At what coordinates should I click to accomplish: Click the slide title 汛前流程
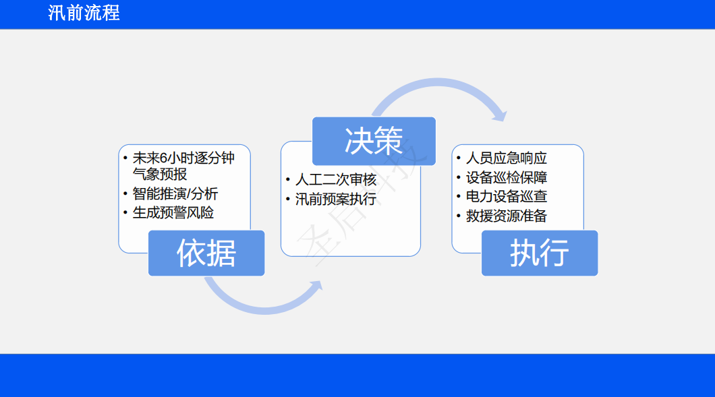(x=84, y=13)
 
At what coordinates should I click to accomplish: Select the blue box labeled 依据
(x=206, y=253)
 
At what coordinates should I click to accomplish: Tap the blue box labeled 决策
(x=374, y=141)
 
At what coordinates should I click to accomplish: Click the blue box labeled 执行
(x=540, y=253)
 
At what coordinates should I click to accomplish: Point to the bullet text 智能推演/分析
(x=175, y=193)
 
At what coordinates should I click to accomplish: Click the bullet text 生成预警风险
(x=173, y=213)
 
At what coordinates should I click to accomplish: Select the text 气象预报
(x=160, y=174)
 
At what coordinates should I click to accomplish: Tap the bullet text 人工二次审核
(x=336, y=179)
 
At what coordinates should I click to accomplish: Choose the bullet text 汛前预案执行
(x=336, y=200)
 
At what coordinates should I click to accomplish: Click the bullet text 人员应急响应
(x=506, y=158)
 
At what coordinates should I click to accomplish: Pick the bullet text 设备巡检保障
(x=506, y=177)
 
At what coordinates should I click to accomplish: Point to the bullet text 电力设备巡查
(x=506, y=196)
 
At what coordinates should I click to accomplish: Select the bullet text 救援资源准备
(x=506, y=216)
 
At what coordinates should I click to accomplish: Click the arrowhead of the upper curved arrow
(x=500, y=115)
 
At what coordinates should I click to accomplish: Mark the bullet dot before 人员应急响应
(x=458, y=158)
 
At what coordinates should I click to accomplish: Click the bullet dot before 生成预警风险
(x=125, y=212)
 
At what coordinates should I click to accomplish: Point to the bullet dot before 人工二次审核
(x=288, y=179)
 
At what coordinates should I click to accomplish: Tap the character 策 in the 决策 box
(x=389, y=141)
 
